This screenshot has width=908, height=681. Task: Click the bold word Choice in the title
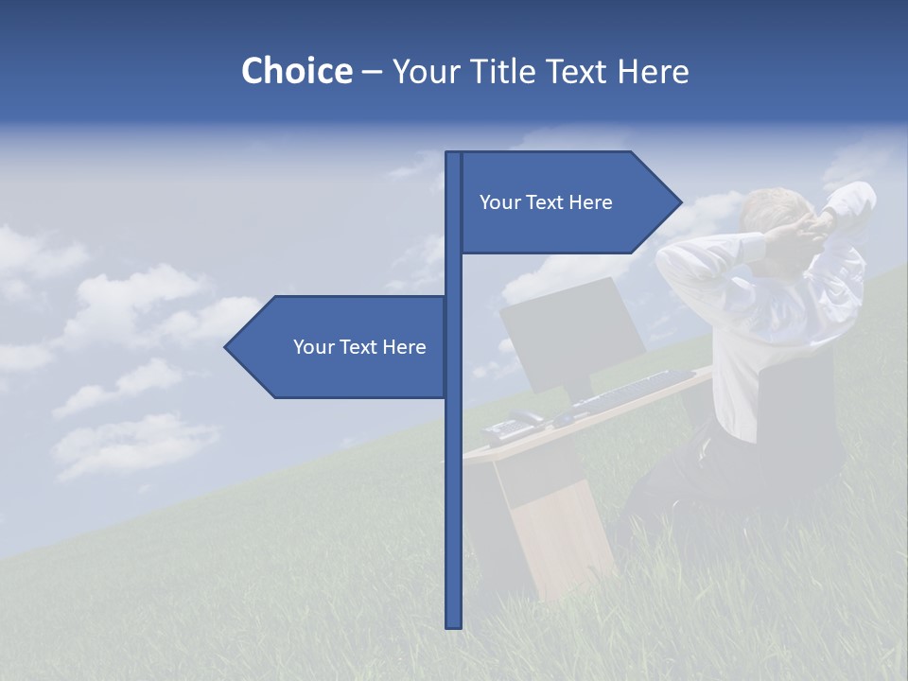(x=296, y=72)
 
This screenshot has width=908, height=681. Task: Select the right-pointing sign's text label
(x=546, y=202)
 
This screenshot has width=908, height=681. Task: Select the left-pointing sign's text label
(x=359, y=347)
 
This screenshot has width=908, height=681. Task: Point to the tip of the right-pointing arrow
(x=680, y=201)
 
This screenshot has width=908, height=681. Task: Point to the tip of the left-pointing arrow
(x=226, y=347)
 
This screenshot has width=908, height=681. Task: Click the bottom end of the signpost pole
(x=453, y=624)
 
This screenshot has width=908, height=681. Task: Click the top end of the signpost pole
(x=453, y=155)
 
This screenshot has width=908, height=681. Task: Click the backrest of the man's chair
(x=799, y=407)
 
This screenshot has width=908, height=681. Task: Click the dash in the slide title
(x=372, y=72)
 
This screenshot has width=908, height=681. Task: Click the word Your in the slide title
(x=421, y=72)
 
